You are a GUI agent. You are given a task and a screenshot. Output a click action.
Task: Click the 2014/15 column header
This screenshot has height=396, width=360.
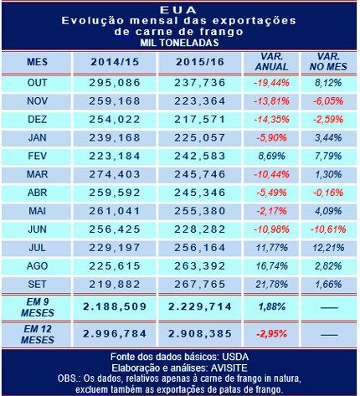coord(115,62)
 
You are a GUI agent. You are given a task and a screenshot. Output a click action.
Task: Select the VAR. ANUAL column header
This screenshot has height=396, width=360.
coord(271,62)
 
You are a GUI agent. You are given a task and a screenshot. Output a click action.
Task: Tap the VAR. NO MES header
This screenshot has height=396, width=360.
coord(328,62)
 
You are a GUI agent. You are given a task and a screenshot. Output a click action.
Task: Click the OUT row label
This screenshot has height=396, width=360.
coord(37,83)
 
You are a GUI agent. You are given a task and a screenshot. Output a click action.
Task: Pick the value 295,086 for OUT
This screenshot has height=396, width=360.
coord(115,83)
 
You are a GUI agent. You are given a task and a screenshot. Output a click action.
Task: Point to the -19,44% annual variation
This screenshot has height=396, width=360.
coord(271,83)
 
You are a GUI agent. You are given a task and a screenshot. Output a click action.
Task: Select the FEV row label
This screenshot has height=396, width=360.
coord(37,156)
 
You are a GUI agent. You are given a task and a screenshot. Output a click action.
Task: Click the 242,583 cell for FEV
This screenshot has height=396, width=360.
coord(200,156)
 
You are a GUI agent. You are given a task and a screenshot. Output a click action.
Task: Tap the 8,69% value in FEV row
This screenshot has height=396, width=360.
coord(271,156)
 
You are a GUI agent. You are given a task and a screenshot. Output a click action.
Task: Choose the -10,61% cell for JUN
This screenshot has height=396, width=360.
coord(328,229)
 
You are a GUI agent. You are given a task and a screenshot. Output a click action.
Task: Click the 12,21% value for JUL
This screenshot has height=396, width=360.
coord(328,248)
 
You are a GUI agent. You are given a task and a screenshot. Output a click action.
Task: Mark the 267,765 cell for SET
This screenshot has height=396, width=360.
coord(200,285)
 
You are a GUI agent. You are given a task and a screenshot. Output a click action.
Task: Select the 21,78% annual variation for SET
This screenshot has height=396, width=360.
coord(271,285)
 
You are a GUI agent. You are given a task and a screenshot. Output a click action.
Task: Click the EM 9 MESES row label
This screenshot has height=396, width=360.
coord(37,307)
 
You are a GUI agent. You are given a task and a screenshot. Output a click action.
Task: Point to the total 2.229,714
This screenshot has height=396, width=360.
coord(200,306)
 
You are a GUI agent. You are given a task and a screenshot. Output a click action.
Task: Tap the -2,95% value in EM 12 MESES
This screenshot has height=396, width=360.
coord(271,334)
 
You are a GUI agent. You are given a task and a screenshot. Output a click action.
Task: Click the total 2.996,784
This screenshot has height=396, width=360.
coord(115,334)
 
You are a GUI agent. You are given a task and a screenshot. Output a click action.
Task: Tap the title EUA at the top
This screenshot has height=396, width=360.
coord(178,10)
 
